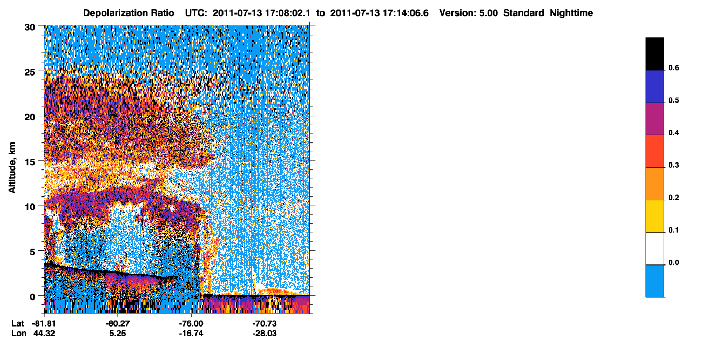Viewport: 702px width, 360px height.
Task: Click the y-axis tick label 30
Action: click(x=30, y=28)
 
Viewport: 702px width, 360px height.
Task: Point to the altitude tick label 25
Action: click(x=30, y=72)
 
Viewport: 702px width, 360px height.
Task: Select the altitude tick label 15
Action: click(x=30, y=162)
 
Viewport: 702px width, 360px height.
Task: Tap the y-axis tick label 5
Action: click(x=32, y=252)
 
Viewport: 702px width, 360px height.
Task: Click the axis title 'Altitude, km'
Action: click(x=12, y=168)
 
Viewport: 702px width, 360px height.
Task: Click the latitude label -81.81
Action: click(x=44, y=324)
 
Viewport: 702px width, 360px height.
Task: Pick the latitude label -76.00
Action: click(x=191, y=324)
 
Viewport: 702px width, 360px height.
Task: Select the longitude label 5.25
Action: click(x=118, y=334)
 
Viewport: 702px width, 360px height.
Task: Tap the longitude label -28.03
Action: click(x=265, y=334)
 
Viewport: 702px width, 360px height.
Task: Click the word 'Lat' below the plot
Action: click(x=18, y=324)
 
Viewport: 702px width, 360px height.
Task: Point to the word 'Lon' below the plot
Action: click(x=19, y=334)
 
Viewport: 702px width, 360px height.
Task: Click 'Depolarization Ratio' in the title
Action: click(x=129, y=13)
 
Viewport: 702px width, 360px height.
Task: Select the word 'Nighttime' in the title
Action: click(x=571, y=13)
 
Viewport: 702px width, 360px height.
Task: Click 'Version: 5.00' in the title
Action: click(x=468, y=13)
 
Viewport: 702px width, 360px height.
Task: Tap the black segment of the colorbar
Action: click(x=654, y=54)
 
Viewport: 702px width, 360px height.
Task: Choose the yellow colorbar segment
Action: click(x=654, y=216)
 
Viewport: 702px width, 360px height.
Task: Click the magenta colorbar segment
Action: click(x=654, y=119)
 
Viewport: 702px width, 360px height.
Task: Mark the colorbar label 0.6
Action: click(x=673, y=67)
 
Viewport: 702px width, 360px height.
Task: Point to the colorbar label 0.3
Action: click(x=673, y=165)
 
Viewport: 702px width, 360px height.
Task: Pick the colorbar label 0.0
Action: click(x=673, y=262)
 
